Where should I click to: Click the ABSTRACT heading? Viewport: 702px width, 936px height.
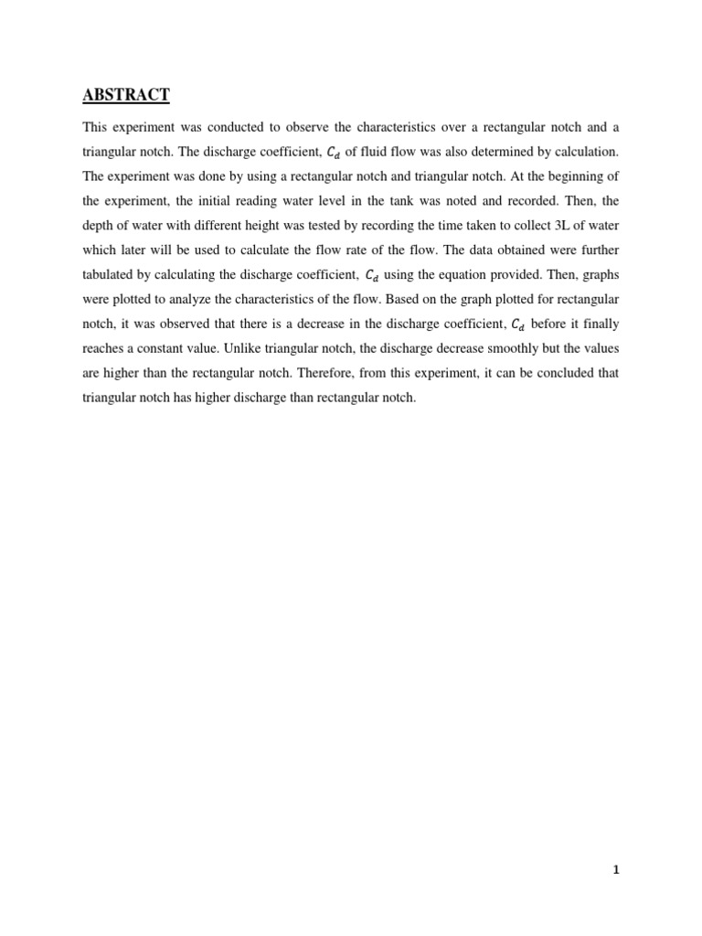point(126,94)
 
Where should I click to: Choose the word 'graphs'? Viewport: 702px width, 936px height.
point(599,273)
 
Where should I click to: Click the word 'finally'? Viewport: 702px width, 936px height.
point(601,323)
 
